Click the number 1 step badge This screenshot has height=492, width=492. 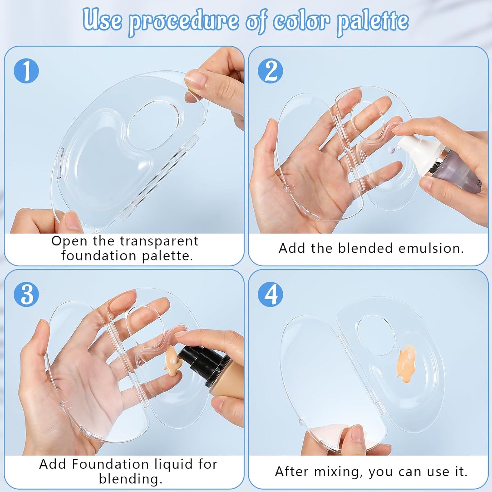(26, 71)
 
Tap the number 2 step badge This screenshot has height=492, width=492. (270, 71)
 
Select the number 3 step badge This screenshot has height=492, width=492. (26, 294)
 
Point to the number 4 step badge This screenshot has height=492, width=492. (270, 294)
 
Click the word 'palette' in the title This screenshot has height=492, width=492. (372, 21)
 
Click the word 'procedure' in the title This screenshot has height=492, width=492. (184, 21)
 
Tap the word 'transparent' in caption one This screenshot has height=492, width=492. (159, 241)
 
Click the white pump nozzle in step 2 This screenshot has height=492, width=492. (410, 150)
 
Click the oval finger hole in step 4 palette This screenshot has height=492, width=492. (376, 335)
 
